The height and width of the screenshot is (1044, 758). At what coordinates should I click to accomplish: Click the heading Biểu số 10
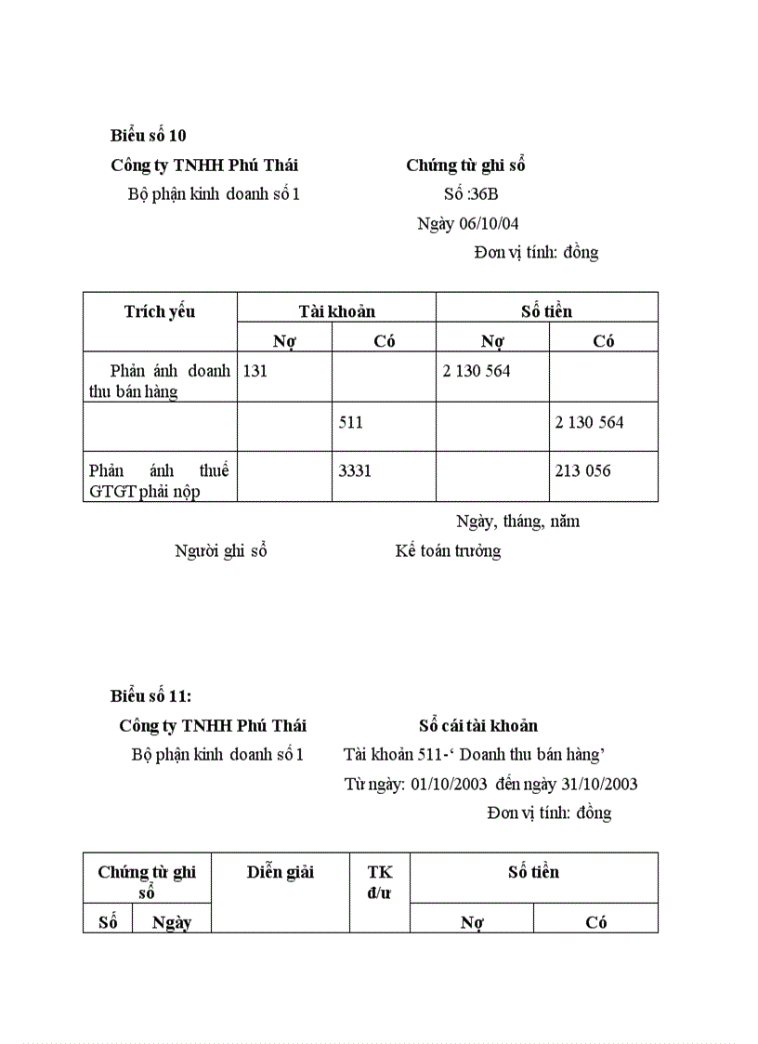(149, 136)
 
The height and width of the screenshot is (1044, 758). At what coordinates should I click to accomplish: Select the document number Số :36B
(471, 194)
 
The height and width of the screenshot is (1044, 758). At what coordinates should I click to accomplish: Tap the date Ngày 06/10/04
(467, 223)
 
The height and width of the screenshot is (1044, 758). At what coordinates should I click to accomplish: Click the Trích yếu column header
(160, 311)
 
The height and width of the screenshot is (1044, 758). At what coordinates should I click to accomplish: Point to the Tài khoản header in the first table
(336, 311)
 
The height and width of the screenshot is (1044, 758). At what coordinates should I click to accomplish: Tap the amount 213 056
(583, 470)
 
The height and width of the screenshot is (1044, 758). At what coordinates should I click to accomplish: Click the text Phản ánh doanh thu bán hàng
(159, 381)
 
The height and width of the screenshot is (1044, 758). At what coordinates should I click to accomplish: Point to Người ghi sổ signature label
(221, 550)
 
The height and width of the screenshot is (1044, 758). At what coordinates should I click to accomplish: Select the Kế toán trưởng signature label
(448, 550)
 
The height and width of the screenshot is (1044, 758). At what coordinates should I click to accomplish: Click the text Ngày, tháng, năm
(518, 522)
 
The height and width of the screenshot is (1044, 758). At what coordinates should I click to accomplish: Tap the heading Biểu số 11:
(150, 696)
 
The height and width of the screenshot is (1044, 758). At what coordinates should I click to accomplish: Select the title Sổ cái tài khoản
(478, 726)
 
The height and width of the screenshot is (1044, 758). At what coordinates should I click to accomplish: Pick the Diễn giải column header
(281, 872)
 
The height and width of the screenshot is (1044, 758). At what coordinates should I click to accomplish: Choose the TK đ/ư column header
(380, 882)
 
